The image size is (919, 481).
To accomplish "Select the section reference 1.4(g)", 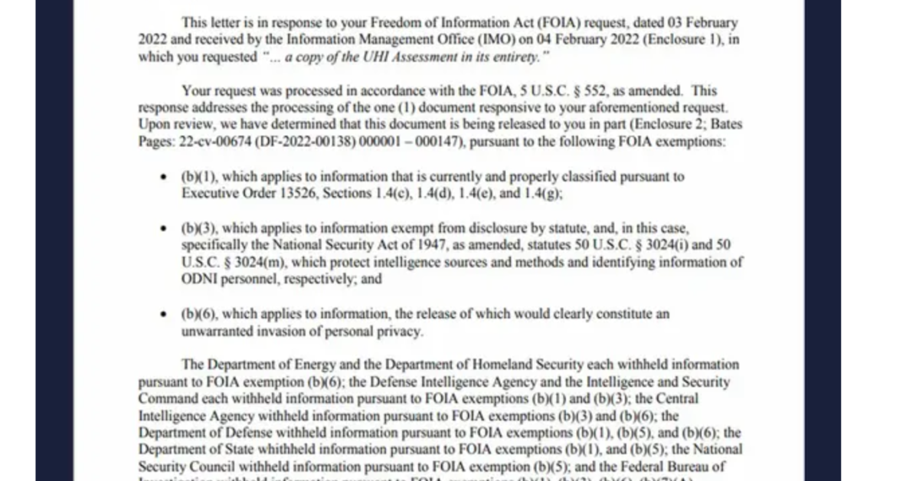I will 544,194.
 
